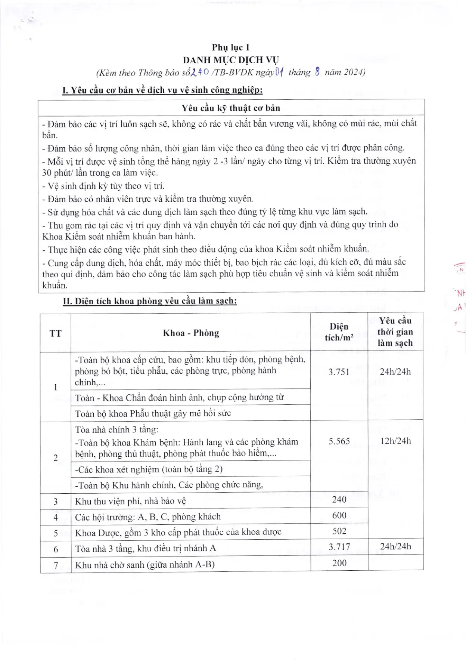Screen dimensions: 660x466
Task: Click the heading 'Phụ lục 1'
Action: (231, 47)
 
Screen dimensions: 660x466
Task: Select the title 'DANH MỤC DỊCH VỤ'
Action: (231, 60)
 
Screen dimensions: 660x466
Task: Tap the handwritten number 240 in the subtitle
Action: (199, 72)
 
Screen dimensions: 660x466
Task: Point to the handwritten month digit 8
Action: (317, 72)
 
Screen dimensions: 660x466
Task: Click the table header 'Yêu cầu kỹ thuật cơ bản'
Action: (231, 108)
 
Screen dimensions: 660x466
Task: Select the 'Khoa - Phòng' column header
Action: (191, 333)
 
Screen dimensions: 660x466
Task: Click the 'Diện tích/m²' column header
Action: (339, 332)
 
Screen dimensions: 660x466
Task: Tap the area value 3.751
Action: (339, 372)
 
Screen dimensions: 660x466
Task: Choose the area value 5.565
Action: (339, 441)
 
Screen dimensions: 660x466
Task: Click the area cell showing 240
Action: (339, 500)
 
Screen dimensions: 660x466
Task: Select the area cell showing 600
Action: (339, 516)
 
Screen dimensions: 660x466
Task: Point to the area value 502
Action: (339, 531)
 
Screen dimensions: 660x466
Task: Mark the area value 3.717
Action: (339, 547)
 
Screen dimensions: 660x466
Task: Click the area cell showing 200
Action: (339, 563)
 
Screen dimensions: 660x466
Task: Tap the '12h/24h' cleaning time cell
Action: (395, 441)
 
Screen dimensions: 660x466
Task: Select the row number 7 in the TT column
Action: (56, 565)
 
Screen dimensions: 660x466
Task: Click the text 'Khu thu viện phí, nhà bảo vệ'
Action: (130, 501)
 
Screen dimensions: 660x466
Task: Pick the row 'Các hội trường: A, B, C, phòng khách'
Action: (148, 517)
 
